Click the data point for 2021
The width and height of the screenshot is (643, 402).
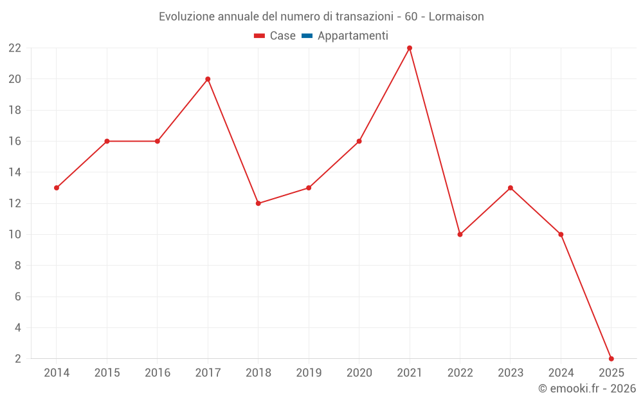point(410,48)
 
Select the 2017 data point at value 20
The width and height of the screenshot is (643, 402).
point(208,79)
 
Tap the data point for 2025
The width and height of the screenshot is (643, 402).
point(611,358)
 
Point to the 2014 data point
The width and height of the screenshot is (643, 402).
point(57,188)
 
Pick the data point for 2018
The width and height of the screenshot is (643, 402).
point(258,203)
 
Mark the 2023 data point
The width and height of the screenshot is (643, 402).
point(510,188)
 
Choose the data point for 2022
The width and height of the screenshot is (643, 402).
point(460,234)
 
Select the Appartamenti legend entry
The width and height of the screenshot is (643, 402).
point(352,36)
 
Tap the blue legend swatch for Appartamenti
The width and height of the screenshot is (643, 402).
point(307,36)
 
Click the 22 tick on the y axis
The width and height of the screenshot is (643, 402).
point(15,48)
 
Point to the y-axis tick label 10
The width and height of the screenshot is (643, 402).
point(15,234)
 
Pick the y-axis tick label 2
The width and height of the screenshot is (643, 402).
point(18,358)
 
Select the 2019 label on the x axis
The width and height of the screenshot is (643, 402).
point(309,373)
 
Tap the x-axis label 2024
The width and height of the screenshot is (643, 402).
point(561,373)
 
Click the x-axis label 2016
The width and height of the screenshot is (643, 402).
point(158,373)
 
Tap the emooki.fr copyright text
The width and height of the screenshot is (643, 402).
point(587,388)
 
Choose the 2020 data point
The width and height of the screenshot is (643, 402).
point(359,141)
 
